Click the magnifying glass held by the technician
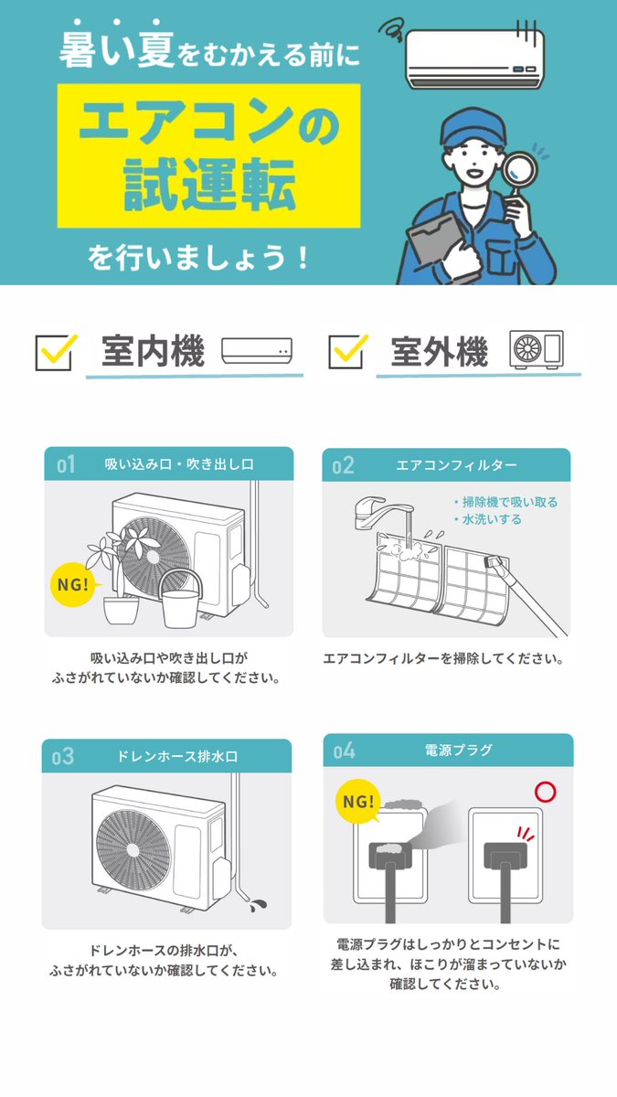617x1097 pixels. (519, 173)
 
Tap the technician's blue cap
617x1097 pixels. (472, 126)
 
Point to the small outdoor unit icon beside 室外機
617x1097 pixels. (537, 349)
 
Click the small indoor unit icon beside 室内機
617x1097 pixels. (257, 351)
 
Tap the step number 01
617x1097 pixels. (66, 464)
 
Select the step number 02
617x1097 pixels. (343, 465)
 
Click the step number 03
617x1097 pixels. (63, 757)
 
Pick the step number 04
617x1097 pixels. (345, 751)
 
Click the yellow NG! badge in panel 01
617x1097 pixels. (73, 584)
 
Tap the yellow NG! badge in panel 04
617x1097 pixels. (358, 801)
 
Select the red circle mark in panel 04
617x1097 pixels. (545, 792)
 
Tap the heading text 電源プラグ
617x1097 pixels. (458, 750)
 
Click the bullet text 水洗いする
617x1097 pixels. (492, 519)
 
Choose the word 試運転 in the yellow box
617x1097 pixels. (209, 185)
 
